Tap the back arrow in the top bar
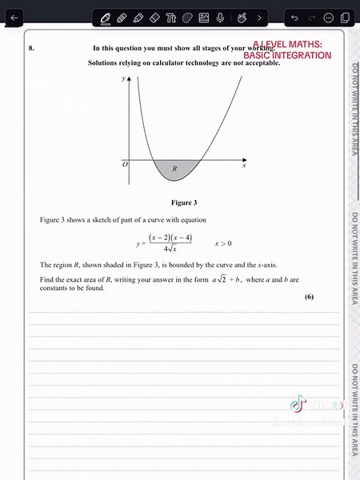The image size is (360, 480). (13, 17)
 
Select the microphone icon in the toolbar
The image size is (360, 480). (220, 17)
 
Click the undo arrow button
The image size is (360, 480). (294, 17)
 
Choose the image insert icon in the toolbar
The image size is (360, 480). (204, 17)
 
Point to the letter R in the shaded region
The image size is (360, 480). (174, 168)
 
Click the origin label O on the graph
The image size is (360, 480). (124, 164)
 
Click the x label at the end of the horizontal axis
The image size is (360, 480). (243, 166)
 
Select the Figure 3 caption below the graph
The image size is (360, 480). (184, 202)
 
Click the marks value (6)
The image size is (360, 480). (309, 297)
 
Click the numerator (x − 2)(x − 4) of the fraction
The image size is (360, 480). (170, 237)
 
